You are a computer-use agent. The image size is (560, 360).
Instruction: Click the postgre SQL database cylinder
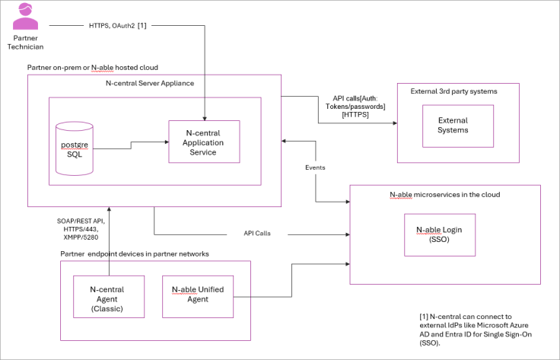click(75, 147)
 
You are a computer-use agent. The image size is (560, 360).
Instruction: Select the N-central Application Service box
click(204, 142)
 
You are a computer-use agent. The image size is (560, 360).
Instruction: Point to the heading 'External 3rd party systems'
click(453, 91)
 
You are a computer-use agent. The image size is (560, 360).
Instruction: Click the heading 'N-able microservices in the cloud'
click(444, 195)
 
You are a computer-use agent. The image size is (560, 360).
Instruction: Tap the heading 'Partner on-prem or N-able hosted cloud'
click(93, 67)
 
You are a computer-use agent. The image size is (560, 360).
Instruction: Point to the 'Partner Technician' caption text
click(27, 42)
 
